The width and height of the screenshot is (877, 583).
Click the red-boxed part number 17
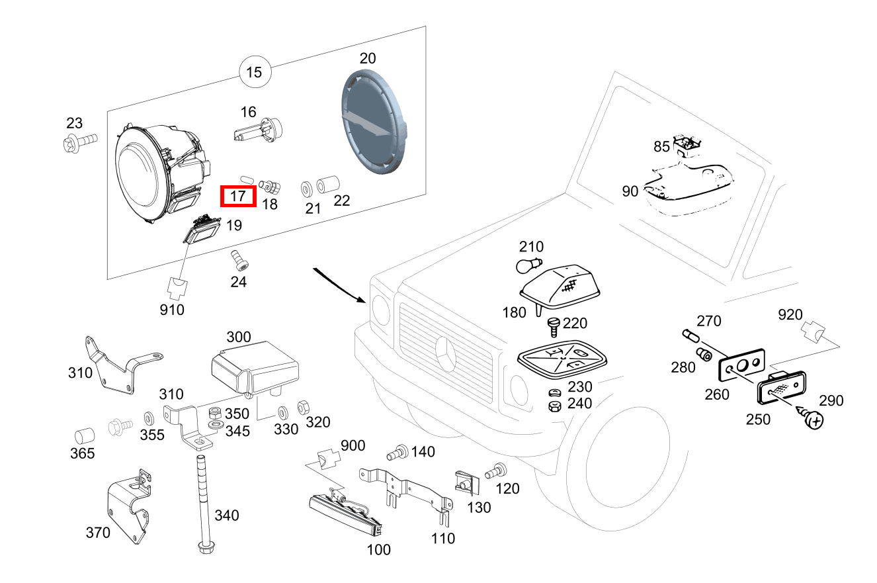[238, 196]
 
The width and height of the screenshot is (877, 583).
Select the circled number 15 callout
[255, 72]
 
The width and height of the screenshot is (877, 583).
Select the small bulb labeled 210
[528, 267]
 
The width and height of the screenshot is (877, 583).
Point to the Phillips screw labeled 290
[814, 419]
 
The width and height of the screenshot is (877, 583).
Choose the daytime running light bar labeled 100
[345, 514]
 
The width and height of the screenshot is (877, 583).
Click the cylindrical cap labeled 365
[83, 435]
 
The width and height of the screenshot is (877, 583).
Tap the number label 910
[172, 309]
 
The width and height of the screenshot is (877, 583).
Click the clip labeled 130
[465, 482]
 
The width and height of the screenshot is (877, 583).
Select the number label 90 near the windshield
[630, 191]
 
